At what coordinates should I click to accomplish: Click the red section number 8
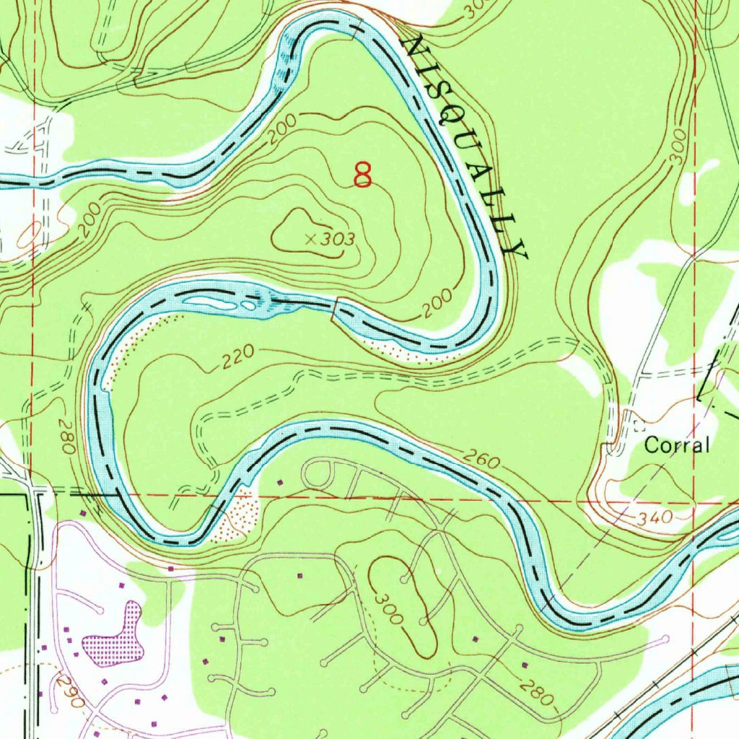363,175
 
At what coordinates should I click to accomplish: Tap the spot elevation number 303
338,239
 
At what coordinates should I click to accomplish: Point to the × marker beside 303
310,239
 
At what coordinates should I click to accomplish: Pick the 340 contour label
655,518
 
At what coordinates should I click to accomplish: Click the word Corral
676,445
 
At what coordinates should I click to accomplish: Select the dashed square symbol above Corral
637,424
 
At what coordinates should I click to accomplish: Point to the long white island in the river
210,303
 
